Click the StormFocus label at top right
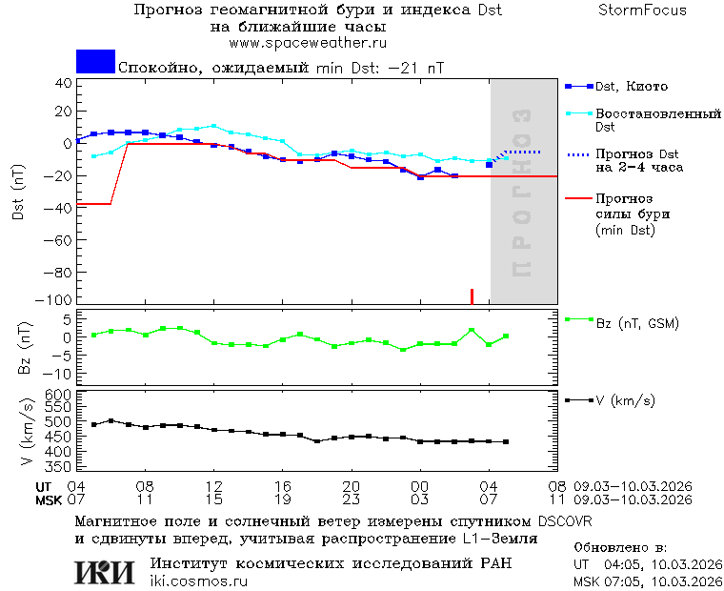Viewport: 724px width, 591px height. (x=642, y=10)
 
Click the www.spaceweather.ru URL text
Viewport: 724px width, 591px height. (x=307, y=43)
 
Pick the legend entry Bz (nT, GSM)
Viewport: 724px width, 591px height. (x=637, y=323)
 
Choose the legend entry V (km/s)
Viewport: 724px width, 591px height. (x=625, y=400)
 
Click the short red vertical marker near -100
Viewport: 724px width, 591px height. (x=472, y=295)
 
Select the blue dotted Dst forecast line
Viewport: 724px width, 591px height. (x=521, y=153)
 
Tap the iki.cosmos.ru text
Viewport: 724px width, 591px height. (x=199, y=581)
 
